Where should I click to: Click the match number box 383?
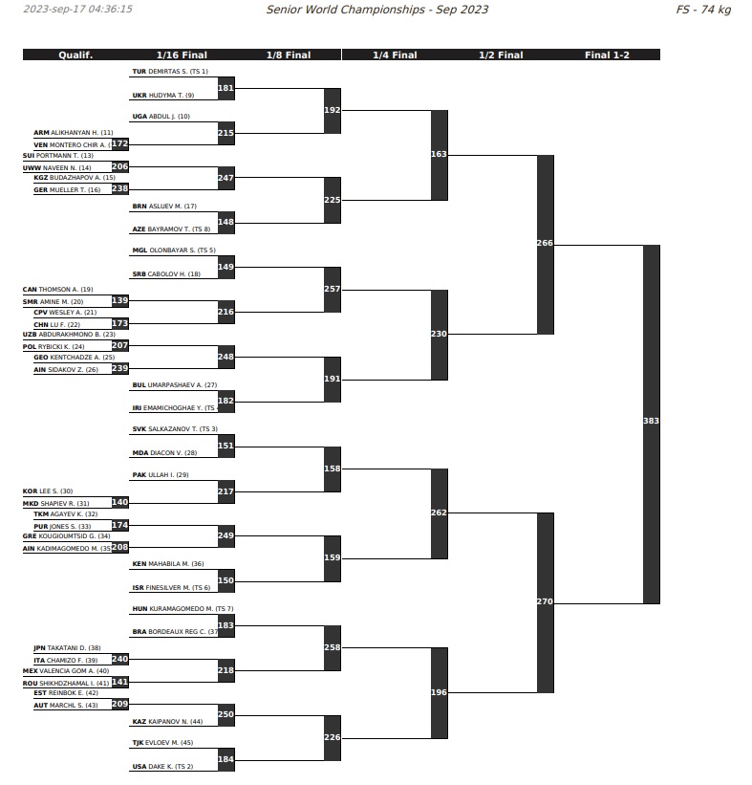pos(651,421)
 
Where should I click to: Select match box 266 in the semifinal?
pos(545,244)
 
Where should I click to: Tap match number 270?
pos(545,602)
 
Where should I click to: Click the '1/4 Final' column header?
pos(395,55)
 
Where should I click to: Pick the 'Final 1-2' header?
pos(607,55)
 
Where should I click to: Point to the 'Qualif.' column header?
pos(75,55)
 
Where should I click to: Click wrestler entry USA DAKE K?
pos(162,767)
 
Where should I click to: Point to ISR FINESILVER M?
pos(171,587)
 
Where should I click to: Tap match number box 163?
pos(439,154)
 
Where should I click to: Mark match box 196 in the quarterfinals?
pos(439,692)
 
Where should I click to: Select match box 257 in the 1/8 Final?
pos(332,289)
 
